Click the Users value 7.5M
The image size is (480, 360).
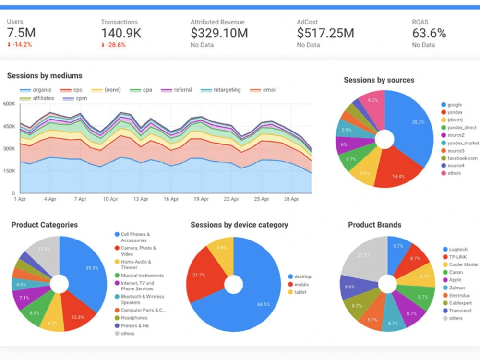[21, 33]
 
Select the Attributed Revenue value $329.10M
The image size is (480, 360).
[219, 33]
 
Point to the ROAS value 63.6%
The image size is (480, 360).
[429, 33]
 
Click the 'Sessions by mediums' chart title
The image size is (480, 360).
[45, 76]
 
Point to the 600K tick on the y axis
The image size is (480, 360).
[9, 103]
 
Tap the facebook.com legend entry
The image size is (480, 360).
[462, 158]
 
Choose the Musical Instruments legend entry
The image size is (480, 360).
[142, 276]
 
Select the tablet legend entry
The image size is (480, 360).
[300, 292]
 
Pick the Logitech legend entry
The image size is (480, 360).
[458, 250]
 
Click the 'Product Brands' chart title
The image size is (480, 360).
[374, 225]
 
